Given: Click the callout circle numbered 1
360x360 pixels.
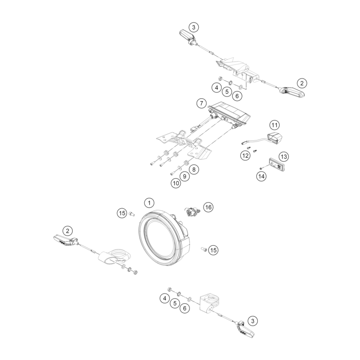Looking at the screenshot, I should [149, 202].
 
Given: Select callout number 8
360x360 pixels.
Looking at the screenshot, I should [193, 170].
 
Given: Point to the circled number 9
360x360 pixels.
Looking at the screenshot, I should [185, 176].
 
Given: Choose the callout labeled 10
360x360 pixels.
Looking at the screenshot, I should [175, 183].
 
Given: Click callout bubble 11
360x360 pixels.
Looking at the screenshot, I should [275, 125].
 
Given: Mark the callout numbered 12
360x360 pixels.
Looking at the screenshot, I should [246, 155].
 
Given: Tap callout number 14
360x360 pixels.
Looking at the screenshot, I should [262, 176].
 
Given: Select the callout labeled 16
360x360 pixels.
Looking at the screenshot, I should [208, 207].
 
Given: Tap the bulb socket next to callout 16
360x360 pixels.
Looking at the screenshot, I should [192, 211].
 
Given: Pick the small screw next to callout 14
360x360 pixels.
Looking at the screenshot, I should [261, 168].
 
